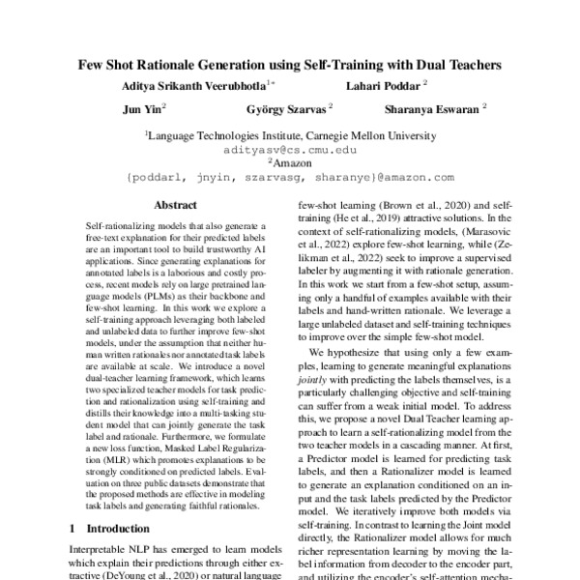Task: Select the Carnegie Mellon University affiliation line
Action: (289, 137)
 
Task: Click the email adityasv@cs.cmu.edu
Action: (289, 151)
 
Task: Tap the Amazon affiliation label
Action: (291, 164)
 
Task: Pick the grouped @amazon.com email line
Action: (289, 178)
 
